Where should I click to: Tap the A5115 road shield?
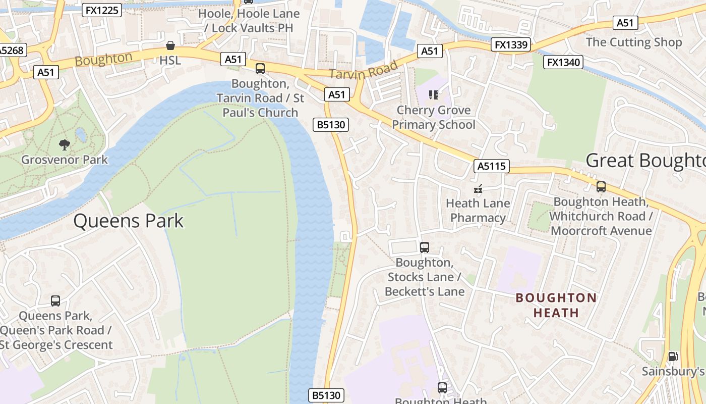tap(492, 166)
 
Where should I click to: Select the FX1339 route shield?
tap(511, 45)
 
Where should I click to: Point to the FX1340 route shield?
tap(564, 62)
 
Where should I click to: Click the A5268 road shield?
tap(11, 50)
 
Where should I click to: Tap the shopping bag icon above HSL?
tap(170, 46)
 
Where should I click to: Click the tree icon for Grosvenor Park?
tap(64, 145)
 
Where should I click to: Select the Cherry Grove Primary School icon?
tap(433, 94)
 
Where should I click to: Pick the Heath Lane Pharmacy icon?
tap(478, 189)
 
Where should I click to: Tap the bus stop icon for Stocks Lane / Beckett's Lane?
tap(425, 247)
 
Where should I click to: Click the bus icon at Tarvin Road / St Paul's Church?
tap(260, 69)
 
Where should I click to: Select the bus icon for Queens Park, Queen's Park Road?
tap(55, 301)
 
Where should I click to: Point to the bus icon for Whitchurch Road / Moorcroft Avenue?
tap(601, 187)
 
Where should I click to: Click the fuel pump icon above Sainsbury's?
tap(672, 357)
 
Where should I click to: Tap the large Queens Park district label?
tap(129, 221)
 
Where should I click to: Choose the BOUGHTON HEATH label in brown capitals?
tap(556, 305)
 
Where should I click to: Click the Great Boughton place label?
tap(645, 161)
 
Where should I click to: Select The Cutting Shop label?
tap(633, 42)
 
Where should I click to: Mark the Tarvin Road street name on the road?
tap(363, 70)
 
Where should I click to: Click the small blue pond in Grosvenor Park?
tap(81, 135)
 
